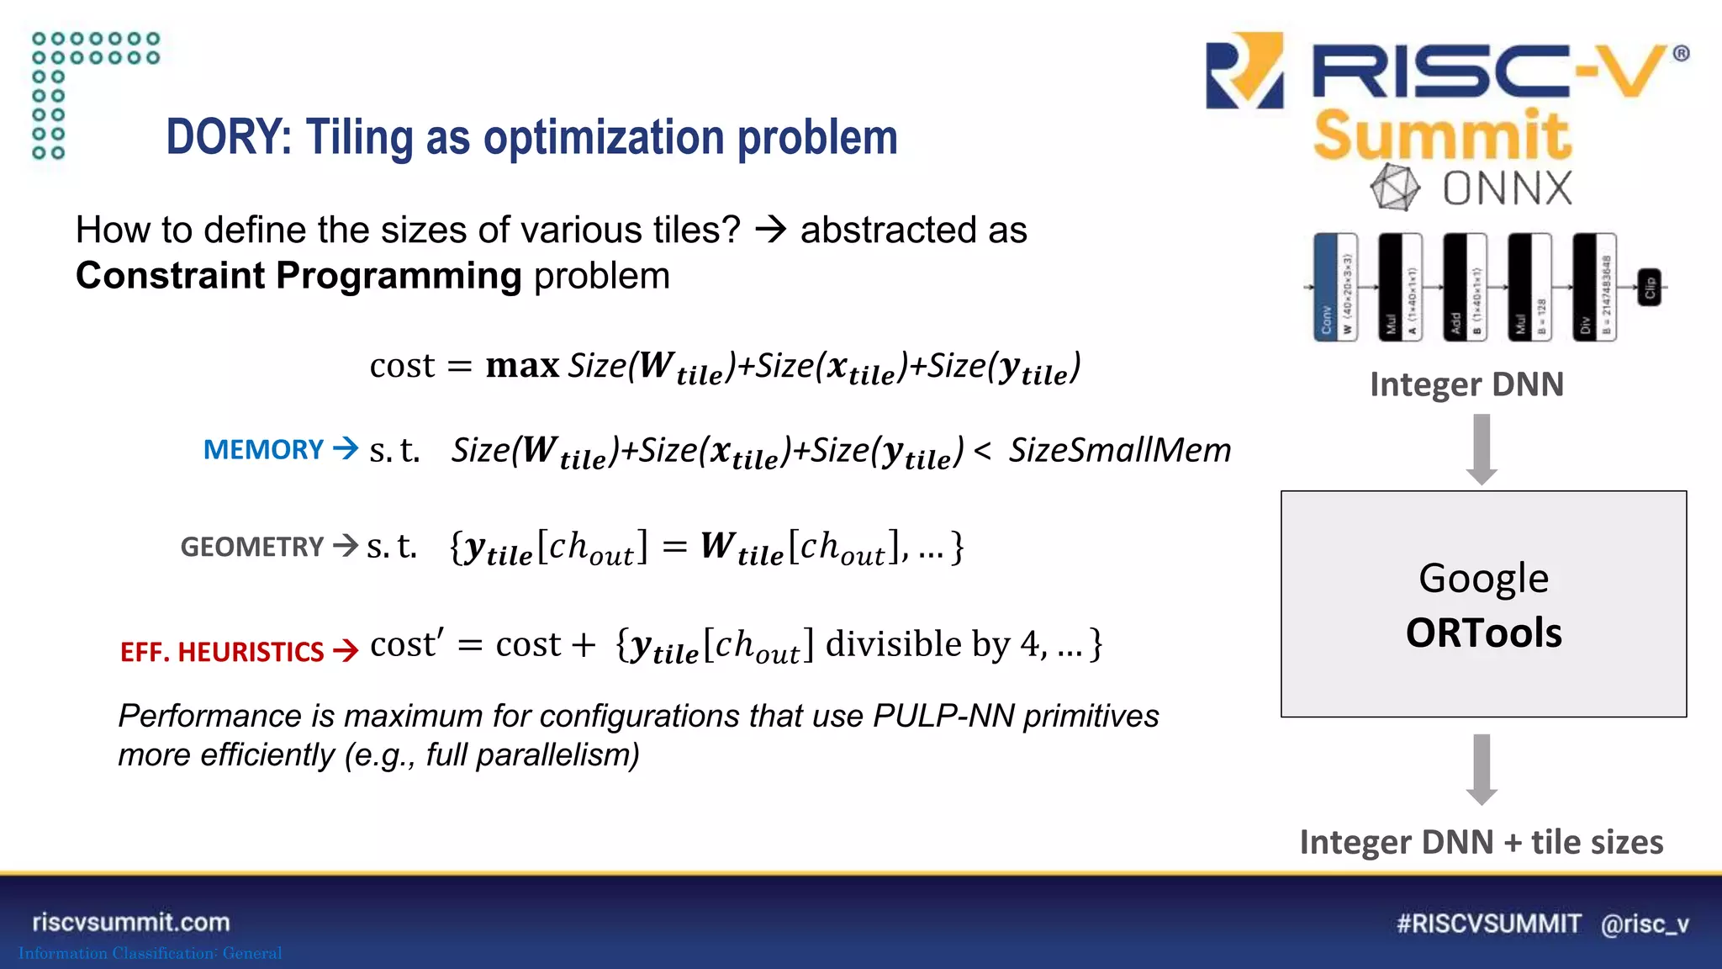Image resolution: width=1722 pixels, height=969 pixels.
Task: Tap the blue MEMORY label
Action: tap(263, 450)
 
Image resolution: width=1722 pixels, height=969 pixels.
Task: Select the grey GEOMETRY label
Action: tap(251, 548)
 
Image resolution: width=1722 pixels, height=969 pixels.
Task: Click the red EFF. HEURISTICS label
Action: tap(221, 652)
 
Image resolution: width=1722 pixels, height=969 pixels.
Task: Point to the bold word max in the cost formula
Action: tap(522, 366)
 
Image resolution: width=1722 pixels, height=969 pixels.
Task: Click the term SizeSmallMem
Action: tap(1119, 451)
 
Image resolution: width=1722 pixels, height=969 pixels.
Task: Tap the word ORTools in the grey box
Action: tap(1483, 633)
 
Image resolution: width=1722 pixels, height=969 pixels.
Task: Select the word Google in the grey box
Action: tap(1483, 579)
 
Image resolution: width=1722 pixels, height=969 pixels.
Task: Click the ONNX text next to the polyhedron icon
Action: tap(1507, 188)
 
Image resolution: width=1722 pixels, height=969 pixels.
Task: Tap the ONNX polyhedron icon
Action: tap(1395, 187)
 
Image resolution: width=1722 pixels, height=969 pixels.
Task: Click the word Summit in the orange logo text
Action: tap(1442, 136)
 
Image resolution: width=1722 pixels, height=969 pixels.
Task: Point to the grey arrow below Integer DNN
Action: tap(1482, 449)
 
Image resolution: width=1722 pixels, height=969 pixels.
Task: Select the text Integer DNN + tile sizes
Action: tap(1481, 842)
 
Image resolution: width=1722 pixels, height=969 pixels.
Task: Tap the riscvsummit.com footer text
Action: tap(131, 923)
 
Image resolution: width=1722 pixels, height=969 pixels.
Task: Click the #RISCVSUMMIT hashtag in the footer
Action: tap(1488, 924)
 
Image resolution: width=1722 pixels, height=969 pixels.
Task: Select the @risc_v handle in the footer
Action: tap(1645, 924)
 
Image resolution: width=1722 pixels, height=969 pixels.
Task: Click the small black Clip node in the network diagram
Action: tap(1649, 288)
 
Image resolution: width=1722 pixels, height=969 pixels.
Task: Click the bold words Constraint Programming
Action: tap(298, 276)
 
